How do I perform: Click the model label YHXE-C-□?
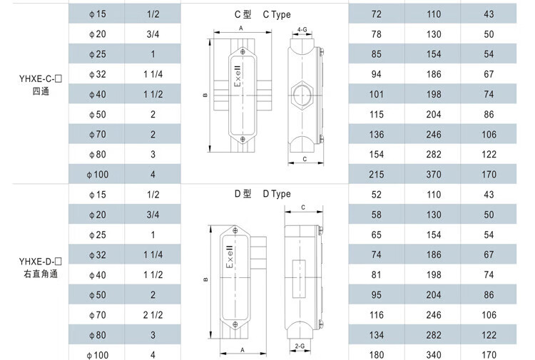tap(41, 79)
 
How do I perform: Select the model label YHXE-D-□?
tap(41, 262)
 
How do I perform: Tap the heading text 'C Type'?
tap(277, 15)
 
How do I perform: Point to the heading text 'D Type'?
tap(277, 194)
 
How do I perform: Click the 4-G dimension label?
tap(302, 30)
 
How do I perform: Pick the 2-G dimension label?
tap(300, 346)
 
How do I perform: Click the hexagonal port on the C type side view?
tap(302, 94)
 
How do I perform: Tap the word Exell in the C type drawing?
tap(238, 76)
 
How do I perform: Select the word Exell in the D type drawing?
tap(230, 257)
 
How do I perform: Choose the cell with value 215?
tap(377, 175)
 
